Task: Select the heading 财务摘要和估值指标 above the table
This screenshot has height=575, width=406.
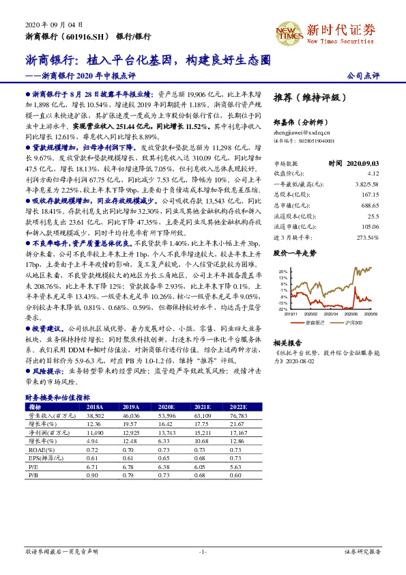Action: [x=57, y=397]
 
